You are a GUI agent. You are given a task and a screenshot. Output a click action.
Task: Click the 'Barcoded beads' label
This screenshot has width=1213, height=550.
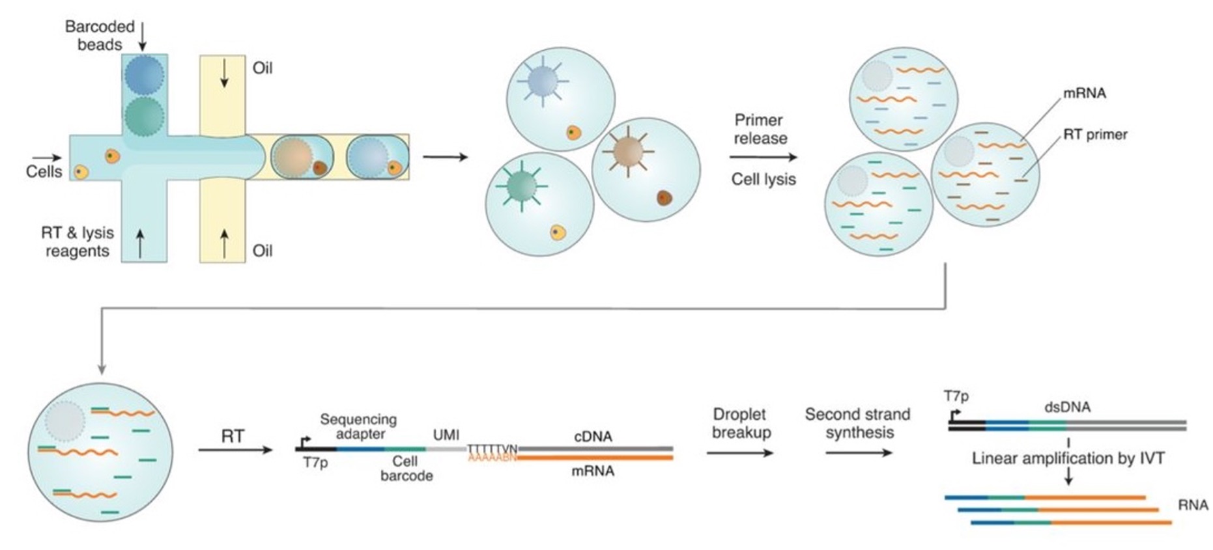[99, 35]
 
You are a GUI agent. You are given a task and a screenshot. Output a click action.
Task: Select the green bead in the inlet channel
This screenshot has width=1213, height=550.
[143, 116]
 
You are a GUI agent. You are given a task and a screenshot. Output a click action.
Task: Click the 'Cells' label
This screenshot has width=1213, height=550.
[44, 172]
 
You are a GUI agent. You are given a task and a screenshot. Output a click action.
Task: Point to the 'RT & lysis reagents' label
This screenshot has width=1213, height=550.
[77, 241]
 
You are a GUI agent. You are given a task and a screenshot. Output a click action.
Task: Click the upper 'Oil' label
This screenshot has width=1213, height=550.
[262, 68]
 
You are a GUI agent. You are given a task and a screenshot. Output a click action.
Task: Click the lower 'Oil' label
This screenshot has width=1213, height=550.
[262, 251]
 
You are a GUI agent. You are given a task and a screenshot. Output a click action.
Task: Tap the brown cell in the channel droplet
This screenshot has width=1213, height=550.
[319, 167]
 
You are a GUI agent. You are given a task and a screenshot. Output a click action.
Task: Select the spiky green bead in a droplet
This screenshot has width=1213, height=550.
[521, 187]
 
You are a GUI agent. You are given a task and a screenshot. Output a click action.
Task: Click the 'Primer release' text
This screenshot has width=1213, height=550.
[760, 129]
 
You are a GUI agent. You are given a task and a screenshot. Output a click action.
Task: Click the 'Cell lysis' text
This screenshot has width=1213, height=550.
[763, 179]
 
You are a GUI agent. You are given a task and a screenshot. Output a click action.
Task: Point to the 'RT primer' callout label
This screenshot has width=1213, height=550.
[1094, 135]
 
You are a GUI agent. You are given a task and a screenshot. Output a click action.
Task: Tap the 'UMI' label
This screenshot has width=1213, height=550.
[446, 434]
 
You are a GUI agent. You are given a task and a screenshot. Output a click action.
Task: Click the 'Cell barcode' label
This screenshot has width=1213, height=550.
[406, 469]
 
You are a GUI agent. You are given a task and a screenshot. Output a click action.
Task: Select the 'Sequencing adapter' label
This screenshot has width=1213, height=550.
[358, 426]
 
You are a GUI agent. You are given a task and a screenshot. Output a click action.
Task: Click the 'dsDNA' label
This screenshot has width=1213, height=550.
[1066, 407]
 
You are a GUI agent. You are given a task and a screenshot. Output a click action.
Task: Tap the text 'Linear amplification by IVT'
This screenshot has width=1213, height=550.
[1068, 458]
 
